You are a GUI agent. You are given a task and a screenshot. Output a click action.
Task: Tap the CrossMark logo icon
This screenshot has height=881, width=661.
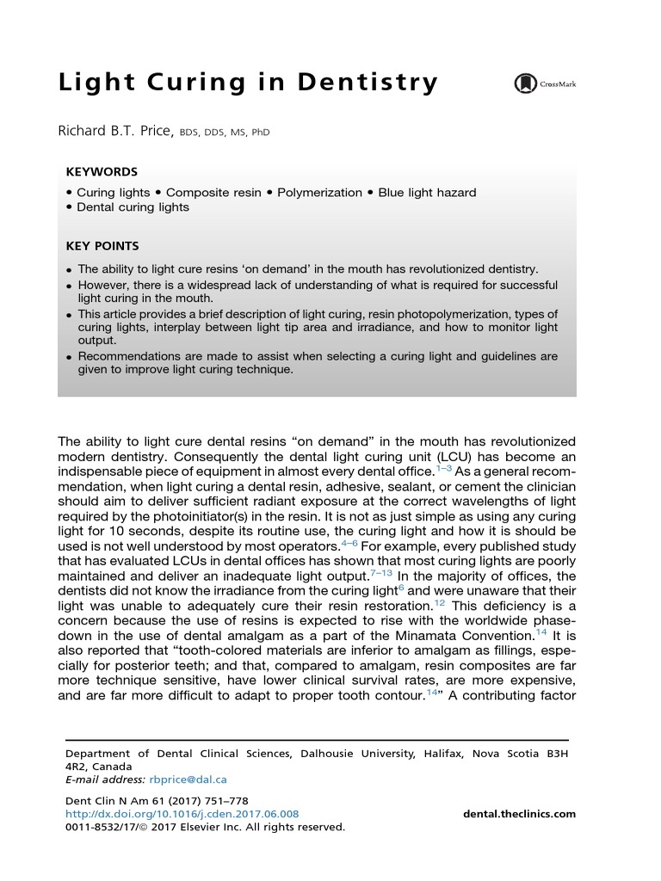pyautogui.click(x=523, y=83)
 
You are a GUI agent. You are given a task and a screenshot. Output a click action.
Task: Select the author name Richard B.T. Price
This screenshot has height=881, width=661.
pyautogui.click(x=116, y=131)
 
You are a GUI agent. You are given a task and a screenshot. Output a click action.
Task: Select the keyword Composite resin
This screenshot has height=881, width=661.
pyautogui.click(x=213, y=193)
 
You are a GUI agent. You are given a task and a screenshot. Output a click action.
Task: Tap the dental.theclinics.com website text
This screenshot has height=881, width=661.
pyautogui.click(x=519, y=814)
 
